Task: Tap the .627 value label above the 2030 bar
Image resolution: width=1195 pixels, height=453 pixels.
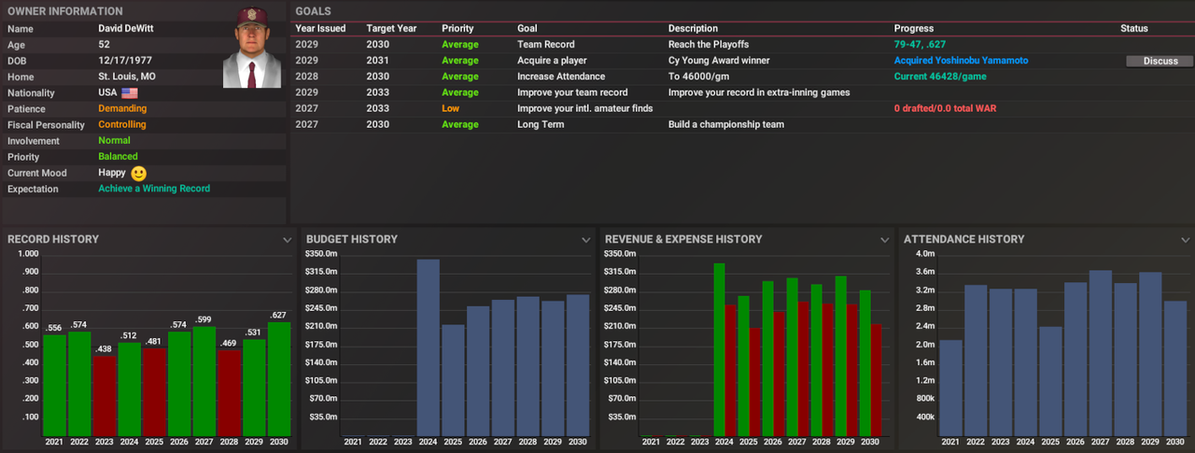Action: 279,315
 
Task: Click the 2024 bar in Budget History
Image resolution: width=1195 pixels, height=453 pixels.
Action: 429,347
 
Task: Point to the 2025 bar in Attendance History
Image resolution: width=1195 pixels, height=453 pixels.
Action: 1050,380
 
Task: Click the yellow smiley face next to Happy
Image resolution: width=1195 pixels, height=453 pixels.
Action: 138,173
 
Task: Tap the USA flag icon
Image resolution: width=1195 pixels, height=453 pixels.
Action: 129,93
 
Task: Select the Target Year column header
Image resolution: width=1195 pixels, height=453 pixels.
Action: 391,29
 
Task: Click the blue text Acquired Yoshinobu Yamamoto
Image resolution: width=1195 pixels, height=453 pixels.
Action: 961,61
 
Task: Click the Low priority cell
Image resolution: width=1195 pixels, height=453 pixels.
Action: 451,108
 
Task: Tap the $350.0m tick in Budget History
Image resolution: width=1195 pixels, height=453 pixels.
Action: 321,254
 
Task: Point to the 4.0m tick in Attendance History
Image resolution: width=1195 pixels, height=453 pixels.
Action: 924,254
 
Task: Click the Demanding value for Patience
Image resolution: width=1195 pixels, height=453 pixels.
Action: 122,108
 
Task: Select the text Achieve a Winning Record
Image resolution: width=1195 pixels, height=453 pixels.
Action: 154,189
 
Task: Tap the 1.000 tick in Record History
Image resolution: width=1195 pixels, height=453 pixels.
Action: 27,254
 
